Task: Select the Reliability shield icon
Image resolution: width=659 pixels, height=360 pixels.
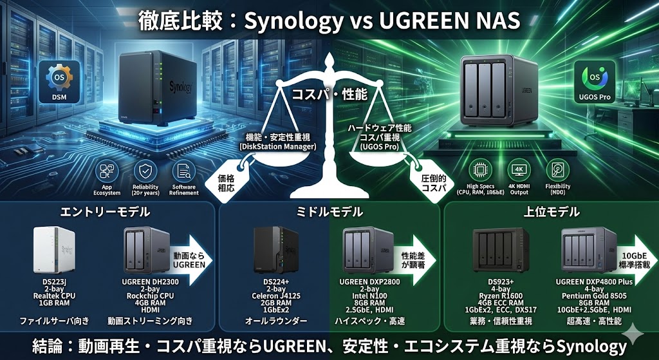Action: click(145, 171)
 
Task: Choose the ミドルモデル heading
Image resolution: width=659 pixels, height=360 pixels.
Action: click(329, 212)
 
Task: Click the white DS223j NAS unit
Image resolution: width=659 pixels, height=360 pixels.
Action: click(50, 251)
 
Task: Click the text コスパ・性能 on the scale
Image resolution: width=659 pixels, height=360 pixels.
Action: click(329, 94)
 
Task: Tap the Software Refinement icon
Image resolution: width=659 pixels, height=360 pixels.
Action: click(184, 171)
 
